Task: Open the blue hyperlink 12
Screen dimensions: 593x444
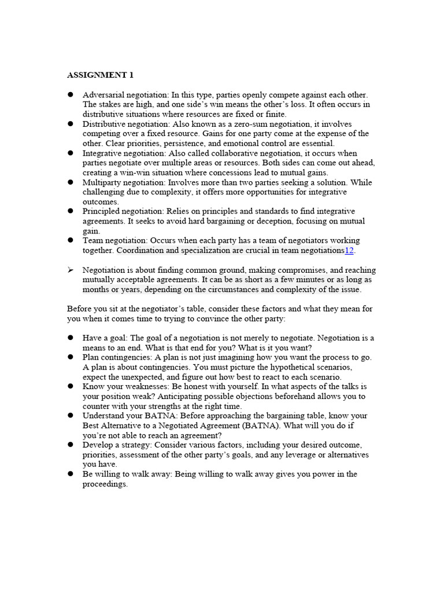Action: (x=349, y=250)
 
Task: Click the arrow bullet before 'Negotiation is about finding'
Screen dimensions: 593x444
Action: (x=71, y=270)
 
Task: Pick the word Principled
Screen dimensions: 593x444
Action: (x=102, y=211)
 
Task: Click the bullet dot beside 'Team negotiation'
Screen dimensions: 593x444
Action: (x=71, y=240)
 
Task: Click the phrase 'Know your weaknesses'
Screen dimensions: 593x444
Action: (x=125, y=386)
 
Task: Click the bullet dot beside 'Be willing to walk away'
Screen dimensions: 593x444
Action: (x=71, y=474)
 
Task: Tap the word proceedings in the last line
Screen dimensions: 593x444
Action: (x=104, y=484)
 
